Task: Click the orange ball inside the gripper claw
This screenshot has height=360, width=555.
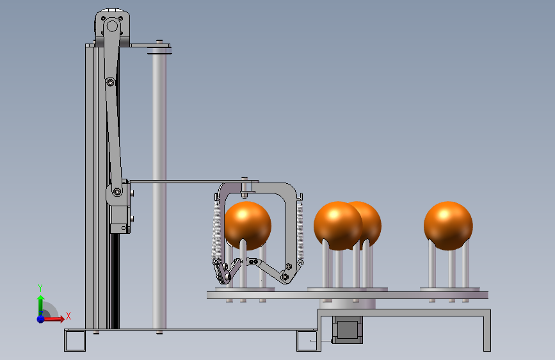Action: click(248, 225)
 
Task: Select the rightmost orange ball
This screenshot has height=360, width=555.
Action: click(448, 225)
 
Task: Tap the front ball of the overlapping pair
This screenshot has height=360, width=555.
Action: click(338, 225)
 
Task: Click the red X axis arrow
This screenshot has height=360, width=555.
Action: click(53, 319)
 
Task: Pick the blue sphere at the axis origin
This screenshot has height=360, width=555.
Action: click(41, 319)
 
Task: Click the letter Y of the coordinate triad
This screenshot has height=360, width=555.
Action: click(40, 288)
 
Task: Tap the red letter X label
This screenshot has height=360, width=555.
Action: click(68, 316)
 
